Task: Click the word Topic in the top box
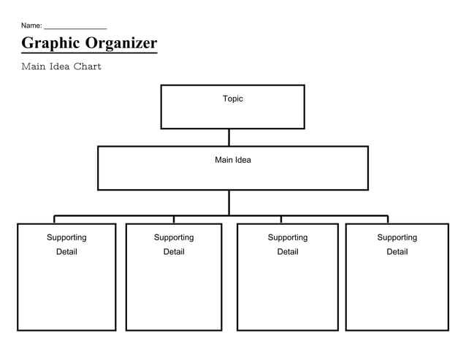(x=232, y=99)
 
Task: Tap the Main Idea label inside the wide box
(x=232, y=160)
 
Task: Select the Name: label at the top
(x=31, y=26)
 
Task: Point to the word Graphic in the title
(x=50, y=43)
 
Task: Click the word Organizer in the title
(x=121, y=43)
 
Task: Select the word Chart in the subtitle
(x=87, y=66)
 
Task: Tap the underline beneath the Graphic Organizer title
(x=89, y=53)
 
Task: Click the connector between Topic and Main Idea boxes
(x=229, y=137)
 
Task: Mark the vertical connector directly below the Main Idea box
(x=229, y=202)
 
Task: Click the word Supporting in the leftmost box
(x=66, y=237)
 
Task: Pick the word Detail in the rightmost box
(x=397, y=252)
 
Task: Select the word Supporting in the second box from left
(x=174, y=237)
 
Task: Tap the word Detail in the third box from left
(x=287, y=252)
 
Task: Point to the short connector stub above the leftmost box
(x=54, y=220)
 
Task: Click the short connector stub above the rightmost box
(x=388, y=220)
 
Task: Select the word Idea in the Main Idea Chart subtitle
(x=60, y=66)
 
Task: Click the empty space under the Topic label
(x=232, y=115)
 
